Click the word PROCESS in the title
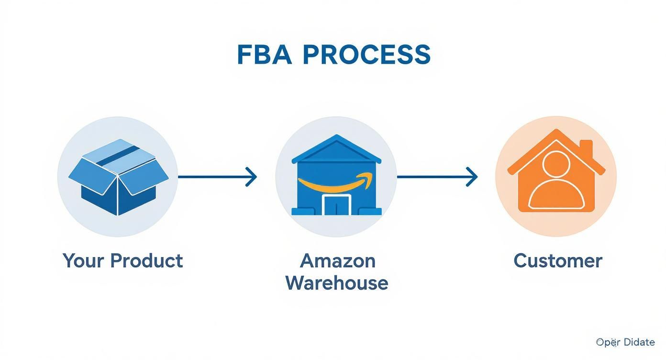(366, 55)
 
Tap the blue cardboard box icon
(118, 177)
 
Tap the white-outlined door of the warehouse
(337, 204)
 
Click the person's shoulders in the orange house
(555, 196)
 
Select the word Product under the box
(146, 261)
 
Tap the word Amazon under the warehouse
(337, 261)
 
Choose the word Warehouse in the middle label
(337, 283)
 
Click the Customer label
(557, 261)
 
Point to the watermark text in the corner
(625, 342)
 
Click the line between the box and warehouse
(211, 177)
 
